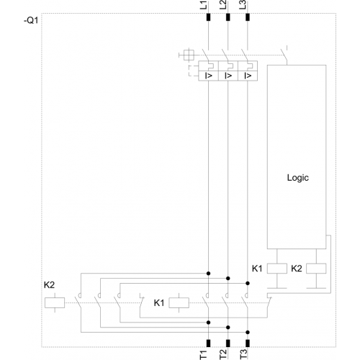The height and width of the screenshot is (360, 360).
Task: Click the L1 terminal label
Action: click(x=203, y=5)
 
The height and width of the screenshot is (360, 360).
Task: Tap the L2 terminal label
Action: click(x=222, y=5)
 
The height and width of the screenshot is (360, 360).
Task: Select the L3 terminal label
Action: click(x=243, y=5)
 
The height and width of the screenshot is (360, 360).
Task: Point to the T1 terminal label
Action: click(x=203, y=355)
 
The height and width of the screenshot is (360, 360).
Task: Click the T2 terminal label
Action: click(x=222, y=355)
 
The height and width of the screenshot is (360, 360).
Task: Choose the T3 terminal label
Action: click(x=243, y=355)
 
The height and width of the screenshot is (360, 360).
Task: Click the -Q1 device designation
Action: click(x=31, y=21)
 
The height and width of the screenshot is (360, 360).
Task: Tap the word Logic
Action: click(x=298, y=178)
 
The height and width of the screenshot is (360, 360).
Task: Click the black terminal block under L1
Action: click(x=208, y=17)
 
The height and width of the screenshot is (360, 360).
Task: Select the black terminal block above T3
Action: click(x=248, y=343)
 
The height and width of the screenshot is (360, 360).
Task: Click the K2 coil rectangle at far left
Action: click(x=55, y=302)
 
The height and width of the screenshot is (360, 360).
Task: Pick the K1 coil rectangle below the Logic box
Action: click(x=277, y=269)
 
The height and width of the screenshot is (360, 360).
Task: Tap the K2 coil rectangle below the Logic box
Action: click(x=316, y=269)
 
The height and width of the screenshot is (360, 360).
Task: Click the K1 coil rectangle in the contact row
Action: click(x=179, y=302)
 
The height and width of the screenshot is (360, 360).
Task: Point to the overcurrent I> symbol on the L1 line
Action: click(x=209, y=76)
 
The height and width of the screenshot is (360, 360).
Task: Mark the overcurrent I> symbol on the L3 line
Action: click(x=248, y=76)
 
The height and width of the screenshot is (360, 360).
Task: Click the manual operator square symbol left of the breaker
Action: click(x=189, y=55)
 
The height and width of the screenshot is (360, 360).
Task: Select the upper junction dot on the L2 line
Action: click(x=228, y=279)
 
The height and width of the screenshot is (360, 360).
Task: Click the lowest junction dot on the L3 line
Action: click(x=248, y=333)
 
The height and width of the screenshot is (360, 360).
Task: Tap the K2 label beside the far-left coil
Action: click(x=49, y=285)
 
